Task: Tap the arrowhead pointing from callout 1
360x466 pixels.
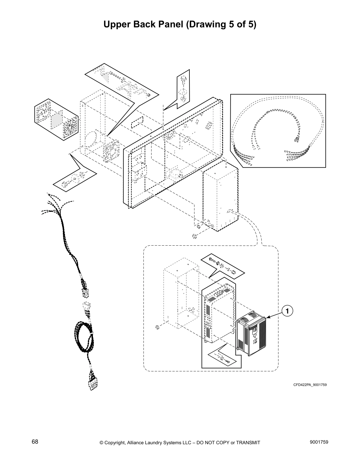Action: (268, 317)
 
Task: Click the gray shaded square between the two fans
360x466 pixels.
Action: (57, 120)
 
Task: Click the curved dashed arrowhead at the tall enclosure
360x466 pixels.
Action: (230, 211)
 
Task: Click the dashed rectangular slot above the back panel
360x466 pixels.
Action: (137, 121)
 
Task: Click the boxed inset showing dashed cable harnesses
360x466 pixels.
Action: (278, 131)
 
